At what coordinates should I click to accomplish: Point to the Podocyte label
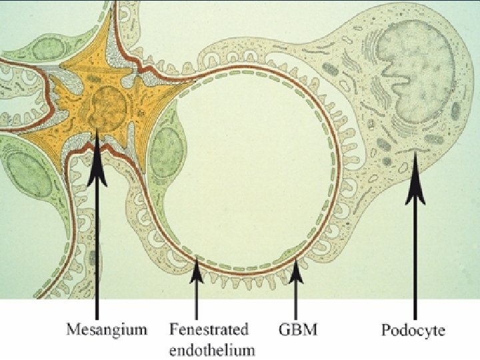pyautogui.click(x=413, y=329)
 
